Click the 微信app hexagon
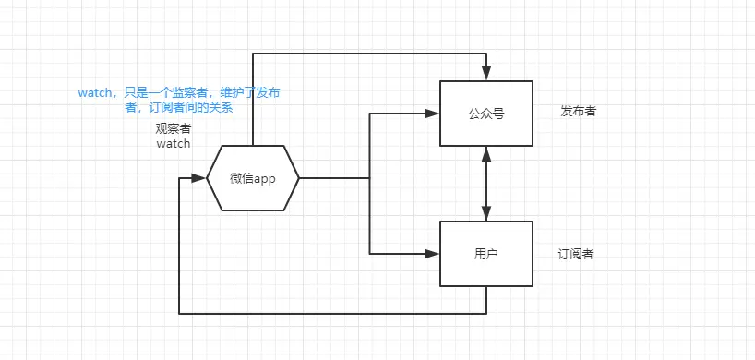[x=253, y=178]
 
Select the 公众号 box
[x=486, y=114]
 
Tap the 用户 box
[x=486, y=254]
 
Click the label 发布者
[x=579, y=111]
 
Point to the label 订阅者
[x=576, y=254]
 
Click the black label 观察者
[x=173, y=128]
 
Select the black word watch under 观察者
[x=173, y=143]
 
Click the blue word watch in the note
[x=95, y=93]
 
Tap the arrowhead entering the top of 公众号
[x=486, y=73]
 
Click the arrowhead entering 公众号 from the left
[x=432, y=114]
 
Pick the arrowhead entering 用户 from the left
[x=432, y=254]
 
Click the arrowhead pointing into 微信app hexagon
[x=198, y=178]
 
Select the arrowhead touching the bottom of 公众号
[x=486, y=153]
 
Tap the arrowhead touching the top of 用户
[x=486, y=213]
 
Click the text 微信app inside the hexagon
[x=253, y=178]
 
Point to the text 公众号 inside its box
[x=486, y=114]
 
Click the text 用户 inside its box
[x=486, y=254]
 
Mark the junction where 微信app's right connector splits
[x=369, y=178]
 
